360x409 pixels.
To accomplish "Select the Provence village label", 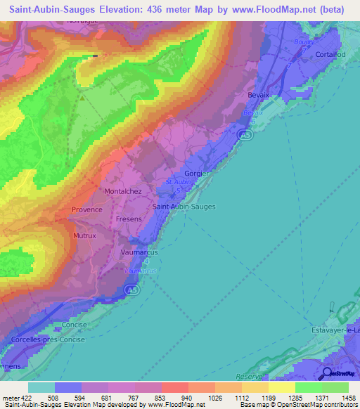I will pyautogui.click(x=86, y=209).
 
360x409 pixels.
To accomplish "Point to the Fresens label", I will pyautogui.click(x=129, y=219).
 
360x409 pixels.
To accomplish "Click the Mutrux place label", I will pyautogui.click(x=84, y=236).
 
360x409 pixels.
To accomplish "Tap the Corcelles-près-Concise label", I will pyautogui.click(x=48, y=340).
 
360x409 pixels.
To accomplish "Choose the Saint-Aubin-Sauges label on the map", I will pyautogui.click(x=184, y=207).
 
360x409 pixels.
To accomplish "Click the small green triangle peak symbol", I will pyautogui.click(x=82, y=98).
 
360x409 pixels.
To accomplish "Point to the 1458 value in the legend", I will pyautogui.click(x=348, y=397).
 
